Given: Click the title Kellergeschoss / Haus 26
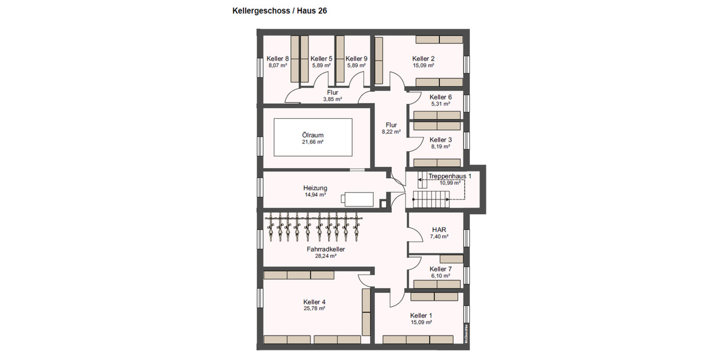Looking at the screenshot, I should tap(280, 11).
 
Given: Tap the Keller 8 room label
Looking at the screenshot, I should tap(278, 59).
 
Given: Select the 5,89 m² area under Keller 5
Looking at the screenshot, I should tap(322, 65).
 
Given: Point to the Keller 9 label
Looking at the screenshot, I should tap(356, 59).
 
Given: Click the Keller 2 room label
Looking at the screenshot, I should tap(423, 59).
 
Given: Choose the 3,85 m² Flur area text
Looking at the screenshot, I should tap(332, 100).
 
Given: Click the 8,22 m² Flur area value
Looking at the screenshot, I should tap(391, 132).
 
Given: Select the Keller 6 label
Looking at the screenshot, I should tap(440, 97).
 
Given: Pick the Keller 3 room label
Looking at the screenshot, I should tap(440, 140).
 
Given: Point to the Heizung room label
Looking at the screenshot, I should tap(315, 188).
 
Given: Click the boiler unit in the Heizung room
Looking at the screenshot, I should tap(358, 198).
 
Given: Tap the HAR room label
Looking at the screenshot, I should tap(439, 230).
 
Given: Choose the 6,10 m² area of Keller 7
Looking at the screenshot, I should tap(440, 276).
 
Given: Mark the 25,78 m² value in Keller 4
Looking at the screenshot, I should tap(314, 308).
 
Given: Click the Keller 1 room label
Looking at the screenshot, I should tap(421, 316).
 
